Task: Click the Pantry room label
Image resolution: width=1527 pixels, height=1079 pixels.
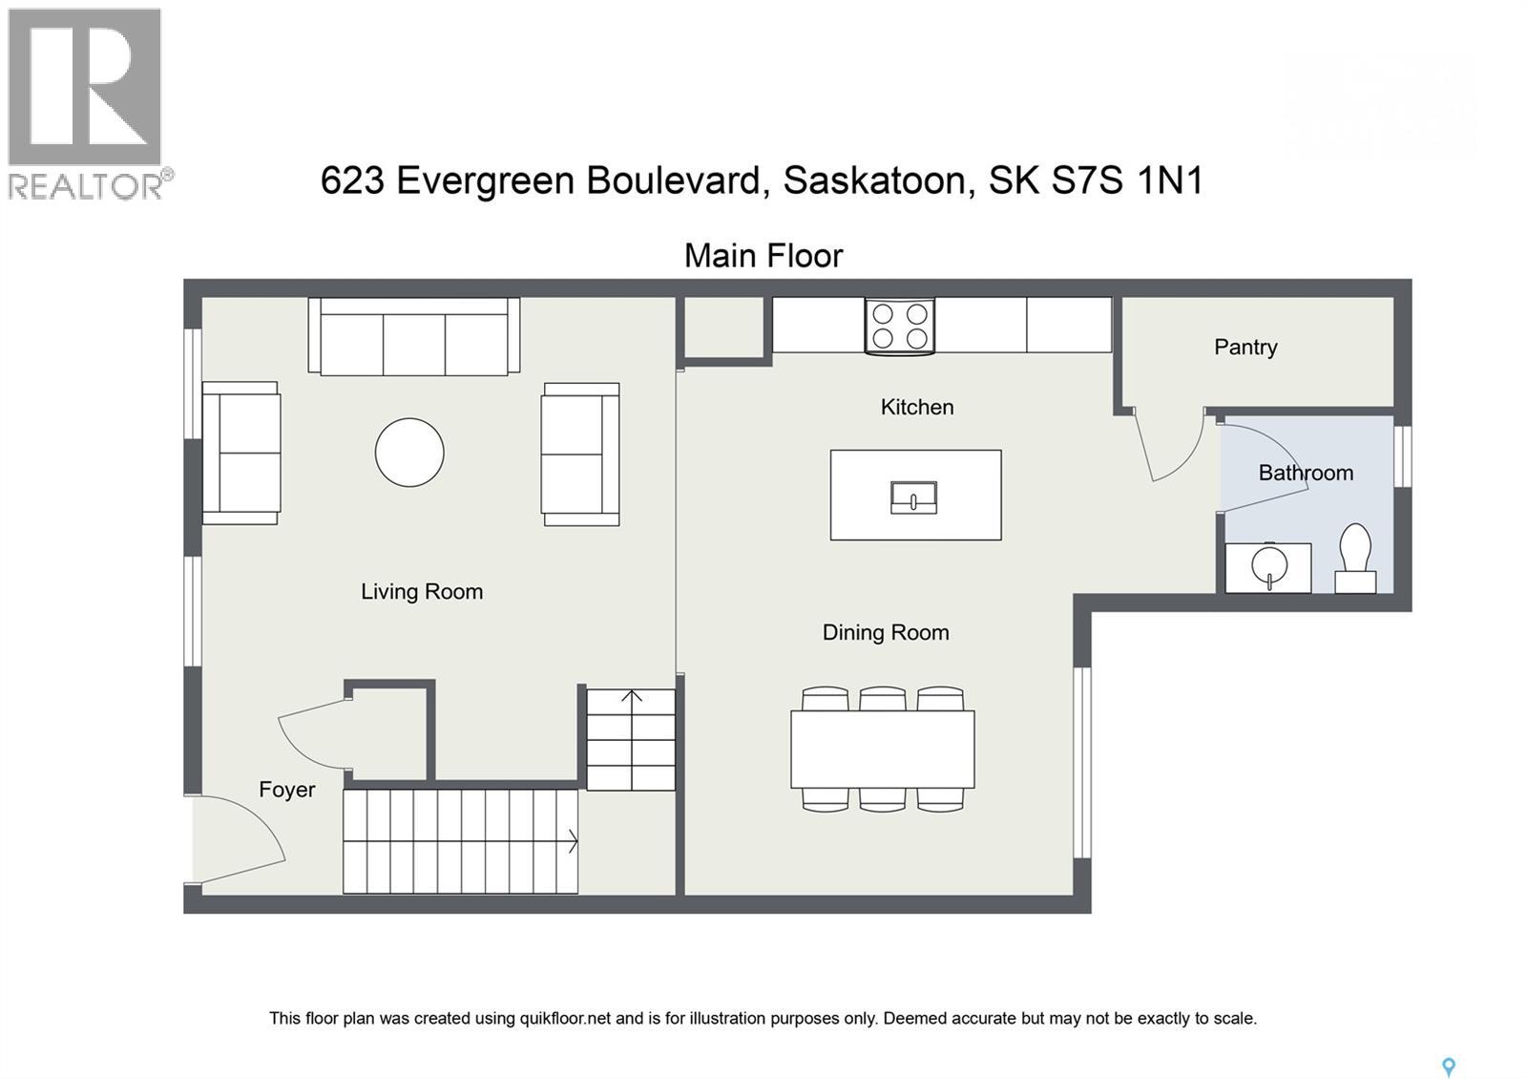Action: [x=1245, y=347]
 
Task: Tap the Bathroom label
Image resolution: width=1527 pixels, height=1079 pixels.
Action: [x=1305, y=473]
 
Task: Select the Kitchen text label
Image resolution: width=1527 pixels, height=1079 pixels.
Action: [x=916, y=407]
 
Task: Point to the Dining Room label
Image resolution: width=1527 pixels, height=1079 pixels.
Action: [x=885, y=632]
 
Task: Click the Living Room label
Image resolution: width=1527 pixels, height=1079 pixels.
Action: [x=421, y=591]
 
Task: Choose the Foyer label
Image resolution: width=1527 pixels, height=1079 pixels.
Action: [x=286, y=790]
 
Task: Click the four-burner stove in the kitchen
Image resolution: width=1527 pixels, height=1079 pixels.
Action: [x=900, y=326]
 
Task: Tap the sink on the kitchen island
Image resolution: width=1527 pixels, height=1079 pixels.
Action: [x=913, y=497]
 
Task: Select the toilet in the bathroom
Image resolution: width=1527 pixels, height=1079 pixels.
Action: [x=1354, y=559]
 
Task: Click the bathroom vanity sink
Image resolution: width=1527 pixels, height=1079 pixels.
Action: [x=1268, y=567]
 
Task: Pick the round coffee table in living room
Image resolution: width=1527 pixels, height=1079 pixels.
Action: [x=409, y=453]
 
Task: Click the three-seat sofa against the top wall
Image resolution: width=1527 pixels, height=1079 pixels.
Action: [x=414, y=336]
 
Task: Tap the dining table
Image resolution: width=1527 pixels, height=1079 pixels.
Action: [x=882, y=750]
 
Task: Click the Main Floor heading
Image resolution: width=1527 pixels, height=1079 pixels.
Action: [x=763, y=256]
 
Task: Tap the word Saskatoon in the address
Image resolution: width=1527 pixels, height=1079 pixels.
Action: [x=878, y=180]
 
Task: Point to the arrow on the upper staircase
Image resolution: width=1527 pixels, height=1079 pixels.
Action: [x=631, y=696]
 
